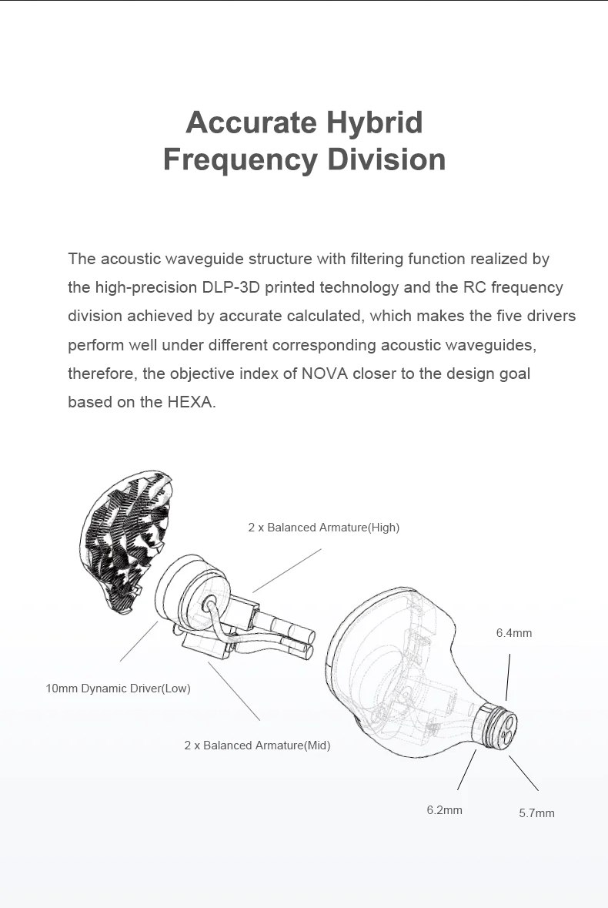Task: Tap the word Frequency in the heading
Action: coord(239,159)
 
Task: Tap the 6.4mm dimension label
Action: coord(513,633)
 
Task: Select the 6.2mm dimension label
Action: coord(444,810)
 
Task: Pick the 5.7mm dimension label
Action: coord(536,813)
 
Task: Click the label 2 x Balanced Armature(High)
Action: coord(323,528)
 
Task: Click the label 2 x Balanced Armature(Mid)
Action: coord(257,745)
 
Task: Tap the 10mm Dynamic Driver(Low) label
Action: coord(118,689)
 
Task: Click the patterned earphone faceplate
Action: coord(127,539)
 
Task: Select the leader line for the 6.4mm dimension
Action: coord(508,678)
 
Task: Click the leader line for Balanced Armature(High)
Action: coord(286,570)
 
